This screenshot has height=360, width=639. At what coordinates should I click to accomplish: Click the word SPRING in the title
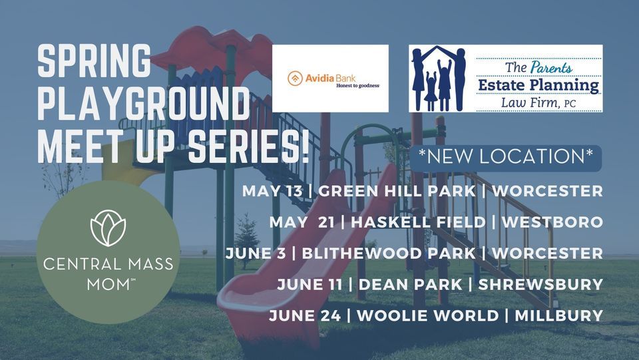tap(94, 61)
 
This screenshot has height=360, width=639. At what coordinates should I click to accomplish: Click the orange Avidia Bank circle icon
tap(295, 79)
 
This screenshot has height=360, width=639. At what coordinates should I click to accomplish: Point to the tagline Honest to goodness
tap(358, 86)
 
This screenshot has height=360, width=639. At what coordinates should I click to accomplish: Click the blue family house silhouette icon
tap(439, 79)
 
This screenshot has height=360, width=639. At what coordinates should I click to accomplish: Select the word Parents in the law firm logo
tap(551, 67)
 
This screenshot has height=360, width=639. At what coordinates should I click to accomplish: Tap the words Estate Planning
tap(538, 86)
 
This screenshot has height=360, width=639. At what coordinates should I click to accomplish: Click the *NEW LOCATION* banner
tap(506, 157)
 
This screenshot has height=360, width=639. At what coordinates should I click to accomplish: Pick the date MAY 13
tap(272, 190)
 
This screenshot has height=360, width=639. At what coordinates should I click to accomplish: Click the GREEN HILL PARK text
tap(397, 190)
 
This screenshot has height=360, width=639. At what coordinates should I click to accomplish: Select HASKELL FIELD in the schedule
tap(418, 222)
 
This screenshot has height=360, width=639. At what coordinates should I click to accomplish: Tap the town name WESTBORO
tap(552, 222)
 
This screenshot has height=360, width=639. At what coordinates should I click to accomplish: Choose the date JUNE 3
tap(256, 254)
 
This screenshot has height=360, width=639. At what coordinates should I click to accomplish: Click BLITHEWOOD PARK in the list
tap(389, 254)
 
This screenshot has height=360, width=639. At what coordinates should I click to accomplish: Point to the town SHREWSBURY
tap(540, 284)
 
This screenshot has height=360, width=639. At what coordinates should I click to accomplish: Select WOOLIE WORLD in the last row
tap(428, 315)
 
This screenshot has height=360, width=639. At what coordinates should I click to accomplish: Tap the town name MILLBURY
tap(558, 315)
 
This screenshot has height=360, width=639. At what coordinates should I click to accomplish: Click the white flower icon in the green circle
tap(108, 228)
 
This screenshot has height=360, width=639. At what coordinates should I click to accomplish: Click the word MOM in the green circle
tap(107, 285)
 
